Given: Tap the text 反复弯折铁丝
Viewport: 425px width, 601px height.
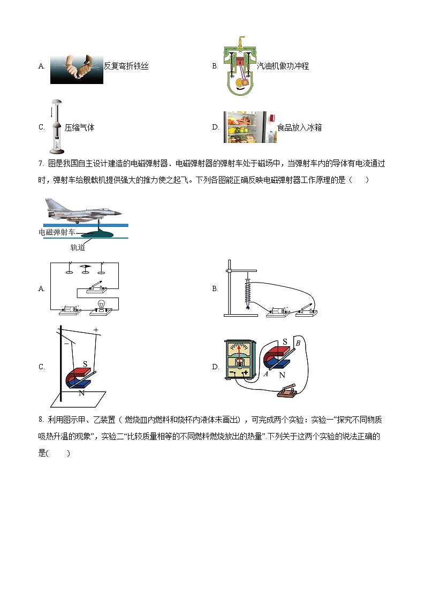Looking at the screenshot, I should click(x=126, y=66).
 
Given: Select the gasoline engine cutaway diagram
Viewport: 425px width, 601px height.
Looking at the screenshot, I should click(x=240, y=66).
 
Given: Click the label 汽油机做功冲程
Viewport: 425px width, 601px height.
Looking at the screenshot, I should click(x=283, y=66).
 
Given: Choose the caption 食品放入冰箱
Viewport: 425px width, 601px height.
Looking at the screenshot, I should click(x=299, y=127).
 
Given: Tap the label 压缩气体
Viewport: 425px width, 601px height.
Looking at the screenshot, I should click(x=79, y=127).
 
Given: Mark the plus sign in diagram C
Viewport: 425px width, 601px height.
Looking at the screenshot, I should click(x=96, y=330).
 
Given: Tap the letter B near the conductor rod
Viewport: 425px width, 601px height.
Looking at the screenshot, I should click(x=298, y=343).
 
